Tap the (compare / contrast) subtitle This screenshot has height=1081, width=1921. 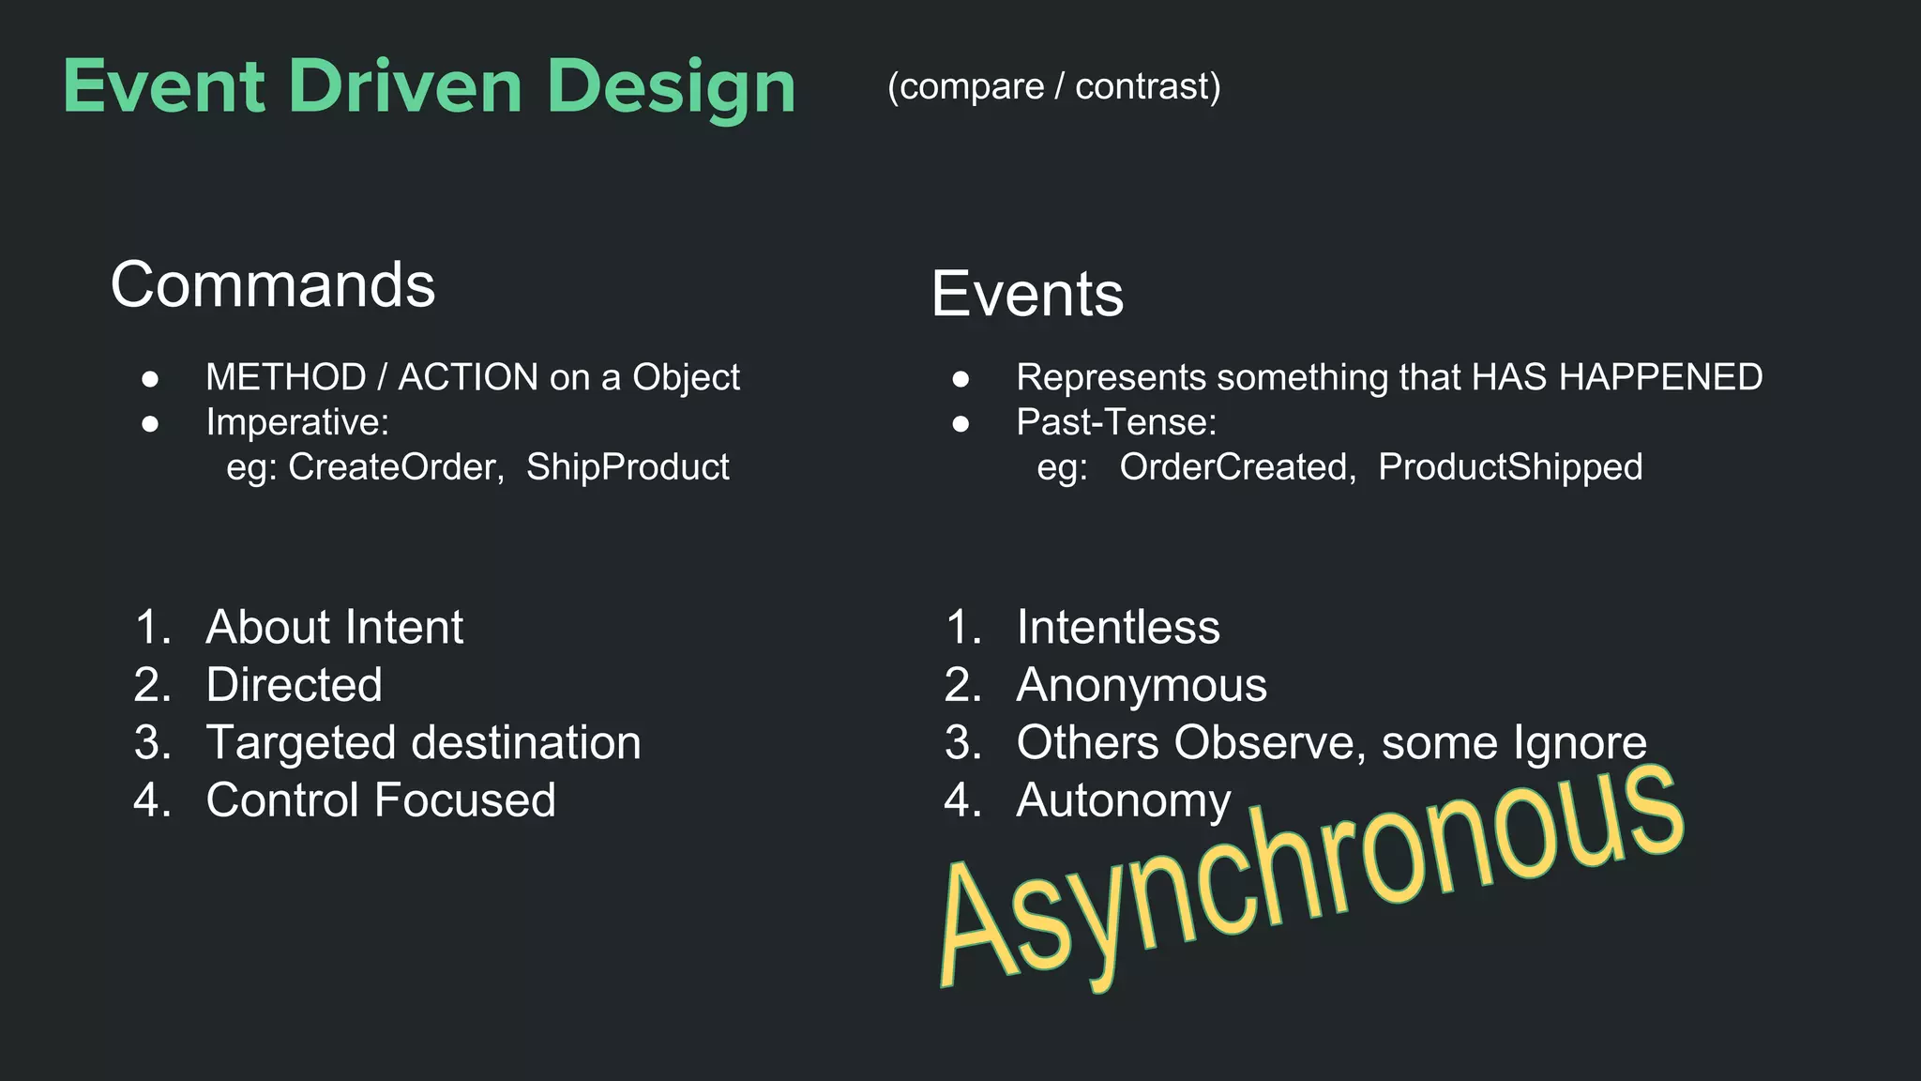pos(1053,86)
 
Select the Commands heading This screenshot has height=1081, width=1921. pos(273,285)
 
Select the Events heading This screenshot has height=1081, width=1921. pos(1027,295)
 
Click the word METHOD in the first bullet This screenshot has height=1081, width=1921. pos(285,377)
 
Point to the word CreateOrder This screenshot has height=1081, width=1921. pos(392,467)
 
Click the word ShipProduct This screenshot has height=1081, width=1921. pos(627,467)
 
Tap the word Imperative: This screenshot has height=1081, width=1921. pos(296,422)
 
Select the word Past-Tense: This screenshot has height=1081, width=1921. pos(1116,422)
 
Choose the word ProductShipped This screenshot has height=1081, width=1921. pos(1509,467)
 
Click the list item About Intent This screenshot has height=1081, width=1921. pos(334,627)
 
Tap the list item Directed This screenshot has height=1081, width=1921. pos(294,685)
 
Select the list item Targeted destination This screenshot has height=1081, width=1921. pos(423,743)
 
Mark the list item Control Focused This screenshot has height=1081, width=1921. pos(380,800)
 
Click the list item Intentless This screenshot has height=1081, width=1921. pos(1117,627)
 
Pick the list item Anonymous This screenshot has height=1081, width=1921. pos(1141,685)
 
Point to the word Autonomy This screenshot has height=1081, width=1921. pos(1123,800)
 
